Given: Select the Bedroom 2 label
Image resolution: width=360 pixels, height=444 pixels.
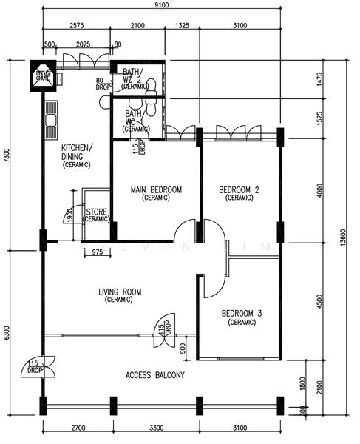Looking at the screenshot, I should coord(240,194).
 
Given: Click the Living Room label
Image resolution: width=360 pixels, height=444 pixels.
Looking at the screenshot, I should coord(119,296).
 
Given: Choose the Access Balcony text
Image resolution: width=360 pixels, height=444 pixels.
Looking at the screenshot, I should coord(155,375).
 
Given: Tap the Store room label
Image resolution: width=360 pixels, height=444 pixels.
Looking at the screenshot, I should coord(96,215).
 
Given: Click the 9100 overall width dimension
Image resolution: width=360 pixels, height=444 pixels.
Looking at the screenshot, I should coord(161,7).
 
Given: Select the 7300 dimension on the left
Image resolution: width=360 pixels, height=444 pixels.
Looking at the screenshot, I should coord(7,156).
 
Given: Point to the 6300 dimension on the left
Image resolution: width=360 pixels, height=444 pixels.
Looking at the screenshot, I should coord(7,333).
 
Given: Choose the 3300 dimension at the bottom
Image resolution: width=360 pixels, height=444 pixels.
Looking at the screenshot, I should coord(154,428).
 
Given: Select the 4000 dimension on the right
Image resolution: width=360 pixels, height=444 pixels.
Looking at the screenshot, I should coord(319,190).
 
